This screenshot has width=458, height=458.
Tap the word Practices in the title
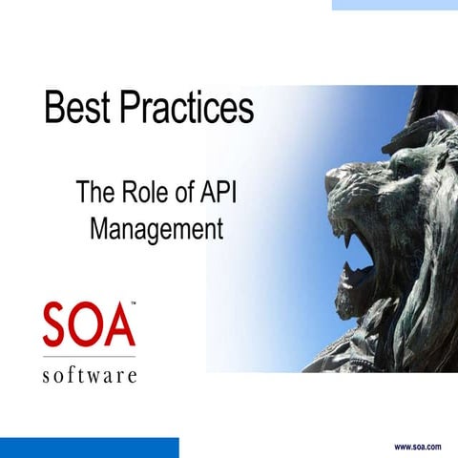click(x=186, y=108)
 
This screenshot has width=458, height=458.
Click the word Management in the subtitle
click(x=156, y=229)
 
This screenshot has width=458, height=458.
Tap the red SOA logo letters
click(x=89, y=325)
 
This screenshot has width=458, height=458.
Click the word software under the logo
click(x=89, y=374)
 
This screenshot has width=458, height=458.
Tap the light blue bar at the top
click(x=394, y=5)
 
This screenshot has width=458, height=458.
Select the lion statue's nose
click(x=336, y=179)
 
